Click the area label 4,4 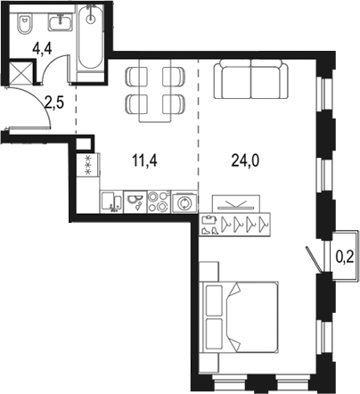click(x=42, y=51)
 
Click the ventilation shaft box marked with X click(x=18, y=71)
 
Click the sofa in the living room click(x=250, y=81)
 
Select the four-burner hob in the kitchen click(x=159, y=201)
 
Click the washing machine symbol click(x=184, y=202)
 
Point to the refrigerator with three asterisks click(x=87, y=164)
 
